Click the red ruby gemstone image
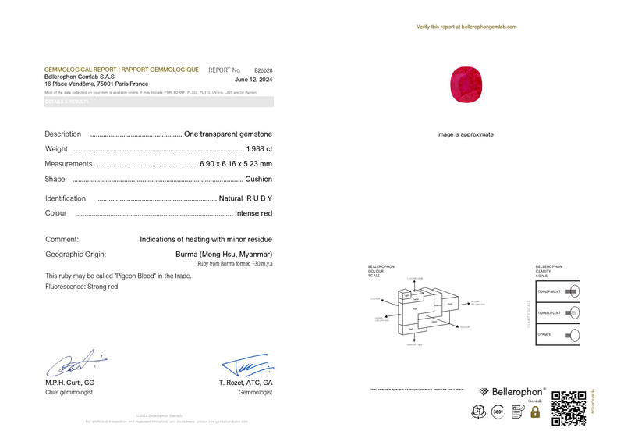(x=466, y=81)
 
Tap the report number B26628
(x=263, y=70)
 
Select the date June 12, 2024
(x=253, y=80)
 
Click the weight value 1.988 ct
(x=259, y=148)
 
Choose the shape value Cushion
(x=258, y=179)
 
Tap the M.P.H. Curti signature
(x=74, y=363)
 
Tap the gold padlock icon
(x=535, y=412)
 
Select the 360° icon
(x=497, y=412)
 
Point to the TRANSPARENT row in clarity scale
(x=558, y=291)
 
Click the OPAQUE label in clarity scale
(x=544, y=335)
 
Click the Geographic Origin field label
(x=76, y=254)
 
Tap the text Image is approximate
(x=465, y=134)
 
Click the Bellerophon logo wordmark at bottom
(x=518, y=391)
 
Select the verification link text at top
(x=466, y=27)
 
